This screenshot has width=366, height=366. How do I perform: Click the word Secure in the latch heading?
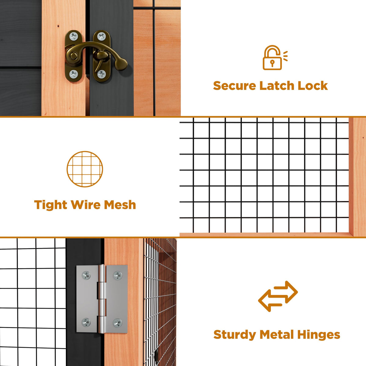(235, 86)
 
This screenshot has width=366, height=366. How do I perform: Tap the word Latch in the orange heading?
(277, 85)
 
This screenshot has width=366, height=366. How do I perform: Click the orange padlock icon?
(274, 58)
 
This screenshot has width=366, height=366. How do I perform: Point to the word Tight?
(51, 205)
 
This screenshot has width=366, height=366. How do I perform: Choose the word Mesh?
(120, 205)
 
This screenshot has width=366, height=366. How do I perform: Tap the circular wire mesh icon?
(85, 169)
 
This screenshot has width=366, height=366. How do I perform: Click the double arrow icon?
(278, 296)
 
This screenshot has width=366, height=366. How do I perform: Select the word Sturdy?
(235, 335)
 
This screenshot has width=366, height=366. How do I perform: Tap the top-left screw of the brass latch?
(74, 37)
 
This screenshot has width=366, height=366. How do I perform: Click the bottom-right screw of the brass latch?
(102, 74)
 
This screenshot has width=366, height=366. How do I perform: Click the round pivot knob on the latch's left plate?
(73, 56)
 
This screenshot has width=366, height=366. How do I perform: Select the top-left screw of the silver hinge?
(86, 275)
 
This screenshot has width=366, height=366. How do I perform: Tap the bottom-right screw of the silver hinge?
(117, 323)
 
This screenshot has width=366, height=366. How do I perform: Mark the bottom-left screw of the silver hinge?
(86, 322)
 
